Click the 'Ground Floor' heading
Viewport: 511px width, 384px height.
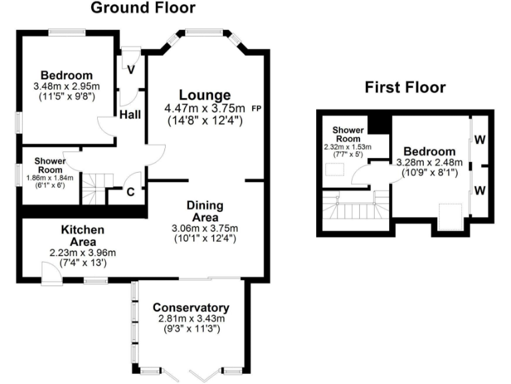coord(142,9)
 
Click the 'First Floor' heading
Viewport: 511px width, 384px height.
coord(405,88)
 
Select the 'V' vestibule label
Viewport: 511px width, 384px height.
coord(130,69)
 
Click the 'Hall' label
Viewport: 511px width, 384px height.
coord(130,115)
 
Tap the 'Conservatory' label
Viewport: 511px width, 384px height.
coord(191,307)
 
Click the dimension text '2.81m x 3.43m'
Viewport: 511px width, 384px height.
coord(191,319)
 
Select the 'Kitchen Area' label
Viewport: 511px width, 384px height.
coord(83,235)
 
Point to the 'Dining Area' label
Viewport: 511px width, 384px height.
coord(205,211)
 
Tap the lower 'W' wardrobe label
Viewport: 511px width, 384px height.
coord(479,190)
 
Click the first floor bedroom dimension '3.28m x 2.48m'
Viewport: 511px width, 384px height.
coord(426,162)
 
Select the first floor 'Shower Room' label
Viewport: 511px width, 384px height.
coord(347,135)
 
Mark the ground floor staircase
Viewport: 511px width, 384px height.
coord(94,188)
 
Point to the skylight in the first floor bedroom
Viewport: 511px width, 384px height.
coord(450,216)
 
